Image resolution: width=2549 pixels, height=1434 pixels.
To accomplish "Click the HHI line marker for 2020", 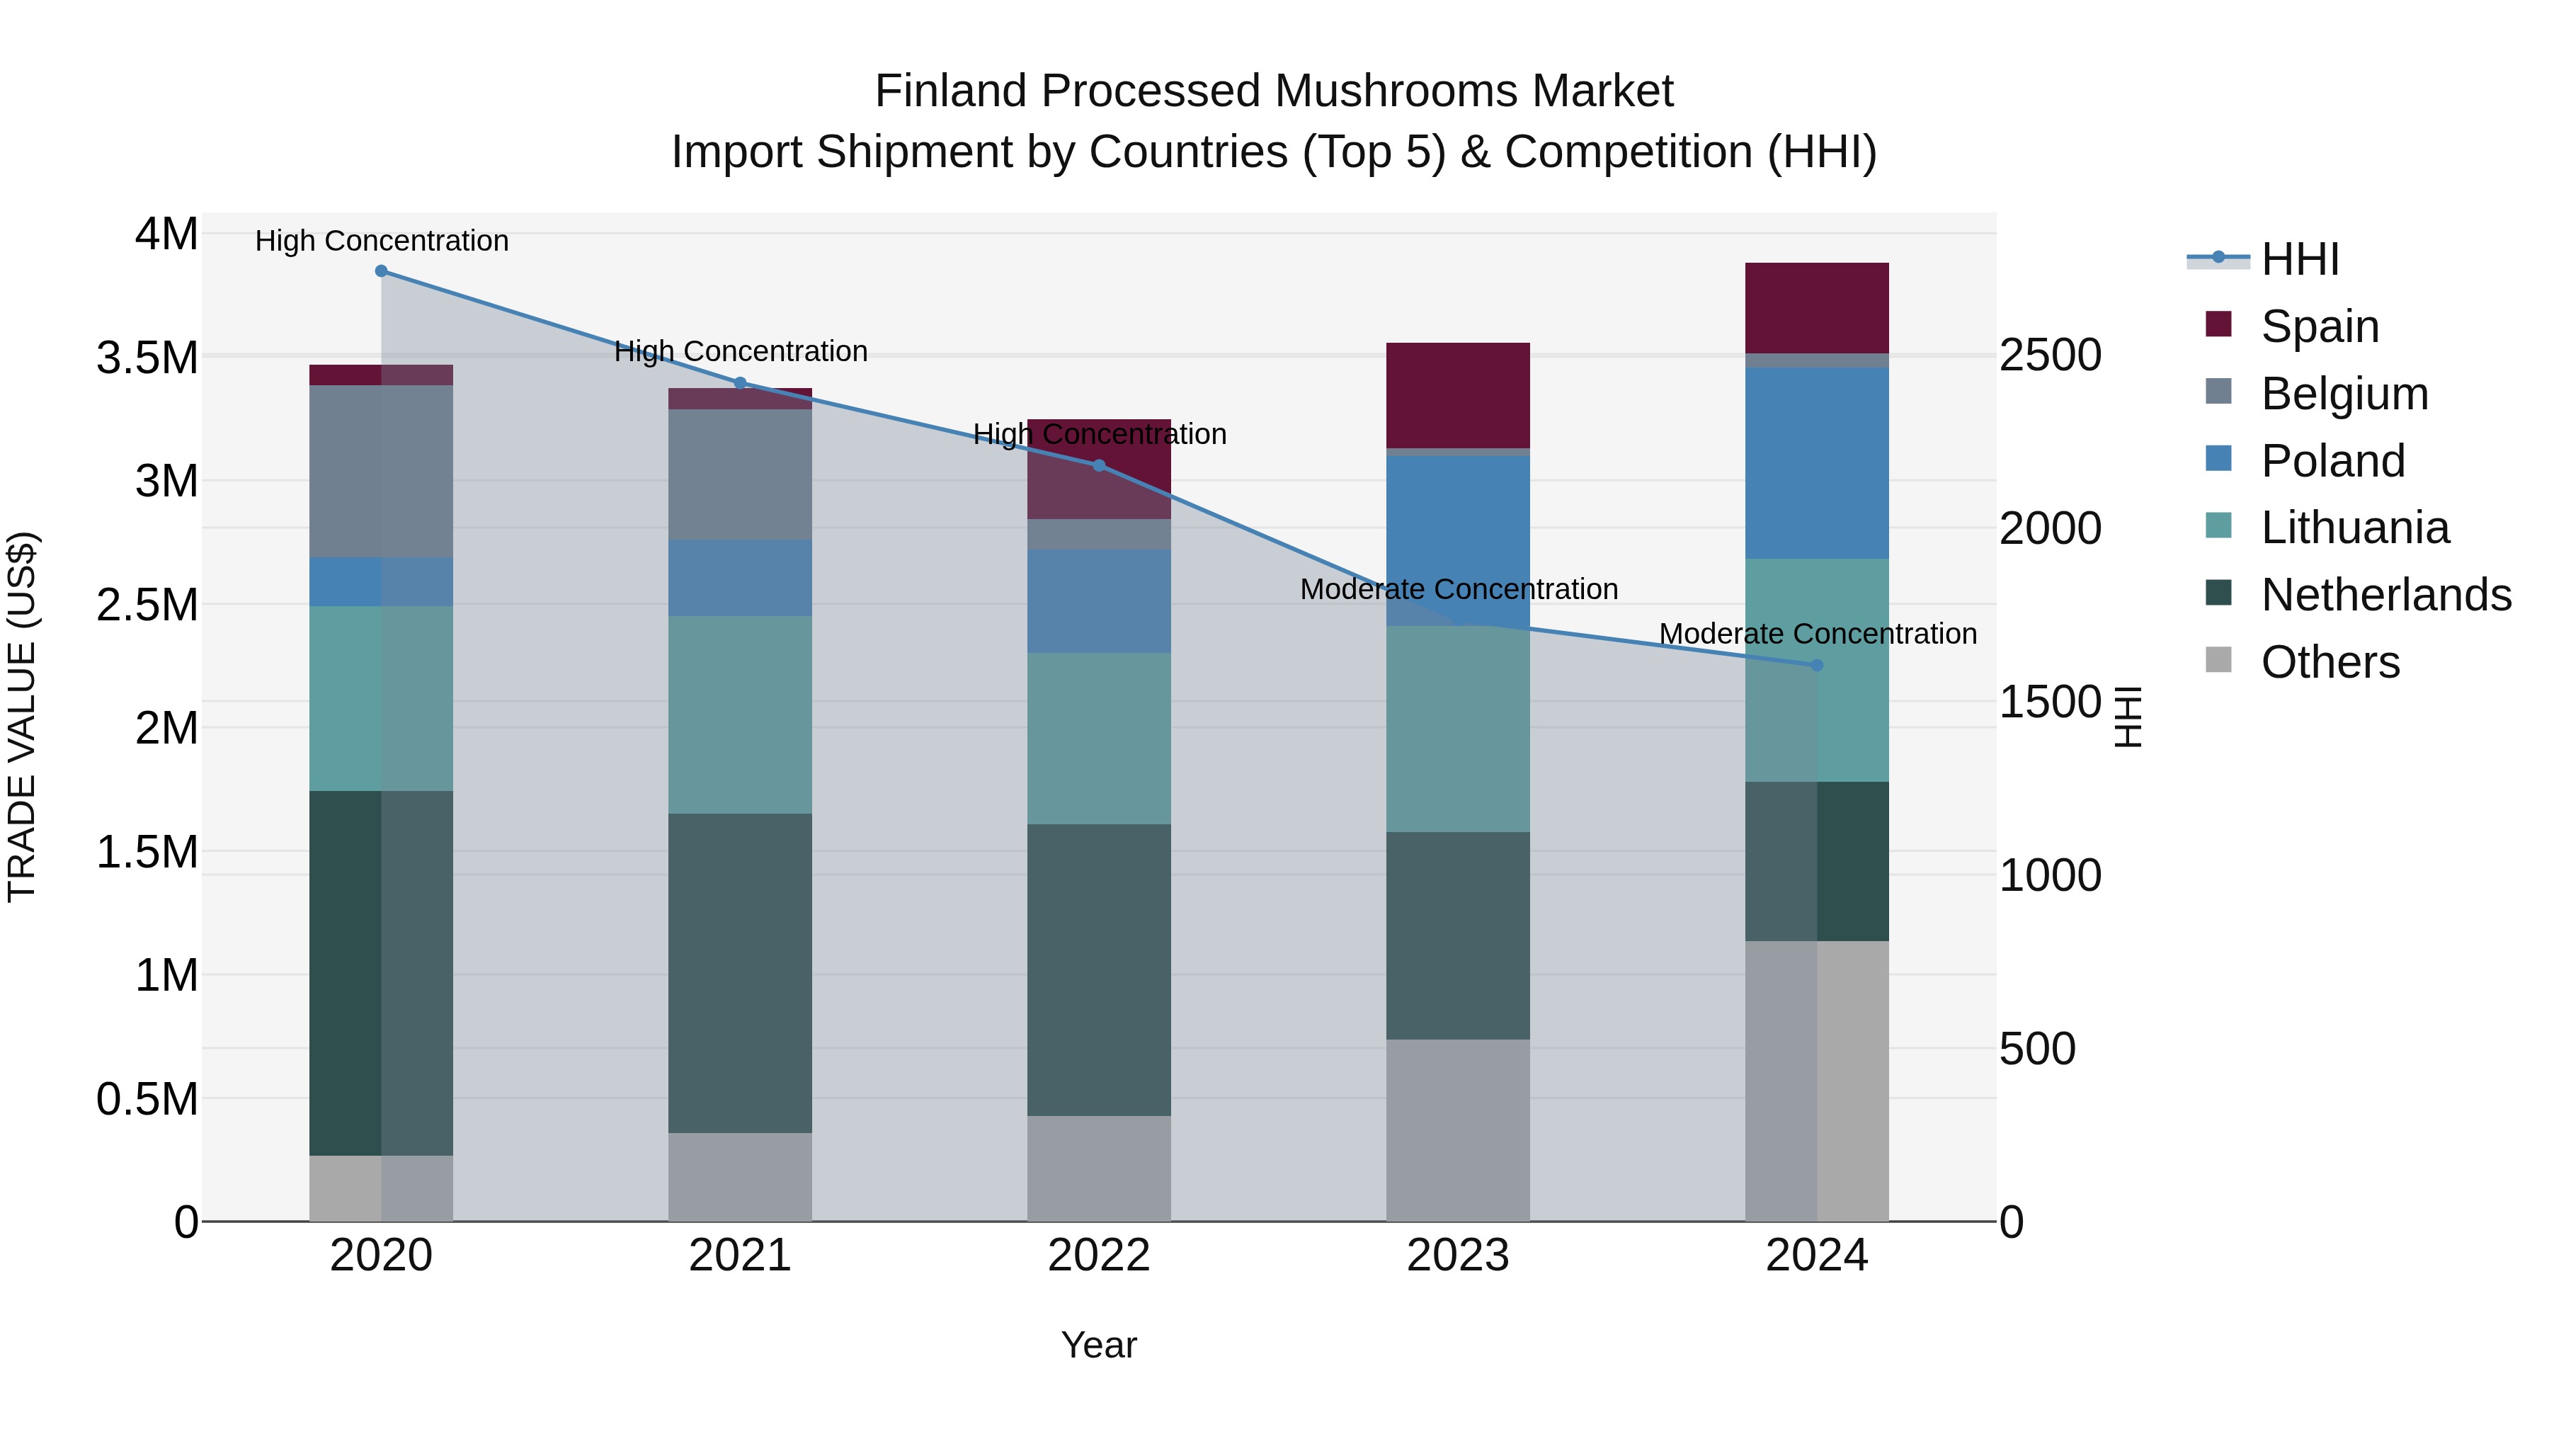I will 381,271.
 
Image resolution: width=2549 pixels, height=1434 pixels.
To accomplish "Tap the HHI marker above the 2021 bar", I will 740,383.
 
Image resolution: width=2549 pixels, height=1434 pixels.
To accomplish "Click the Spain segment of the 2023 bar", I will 1458,395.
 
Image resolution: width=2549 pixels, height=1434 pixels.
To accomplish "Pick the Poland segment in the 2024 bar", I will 1817,463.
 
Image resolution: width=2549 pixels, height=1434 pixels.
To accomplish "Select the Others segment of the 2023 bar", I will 1458,1129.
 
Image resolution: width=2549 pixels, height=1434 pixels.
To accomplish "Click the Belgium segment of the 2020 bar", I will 381,471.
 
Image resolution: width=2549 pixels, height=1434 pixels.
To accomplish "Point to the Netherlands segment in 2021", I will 740,973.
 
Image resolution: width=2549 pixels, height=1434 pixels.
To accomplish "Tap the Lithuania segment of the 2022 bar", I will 1098,739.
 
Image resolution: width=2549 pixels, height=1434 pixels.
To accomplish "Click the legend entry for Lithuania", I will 2355,528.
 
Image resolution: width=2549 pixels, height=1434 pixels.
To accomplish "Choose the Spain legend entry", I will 2320,326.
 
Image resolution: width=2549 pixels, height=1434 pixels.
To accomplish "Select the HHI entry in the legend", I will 2300,259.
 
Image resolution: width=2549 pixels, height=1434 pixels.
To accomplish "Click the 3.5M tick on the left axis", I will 147,358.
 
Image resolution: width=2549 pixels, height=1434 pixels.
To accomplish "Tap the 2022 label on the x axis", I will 1098,1256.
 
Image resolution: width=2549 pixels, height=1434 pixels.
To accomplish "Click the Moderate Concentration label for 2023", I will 1459,590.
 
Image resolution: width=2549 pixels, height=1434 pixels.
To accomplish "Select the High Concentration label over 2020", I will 381,241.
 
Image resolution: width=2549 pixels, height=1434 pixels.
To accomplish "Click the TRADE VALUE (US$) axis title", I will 22,717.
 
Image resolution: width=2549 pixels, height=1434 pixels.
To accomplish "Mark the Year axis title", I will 1098,1345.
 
